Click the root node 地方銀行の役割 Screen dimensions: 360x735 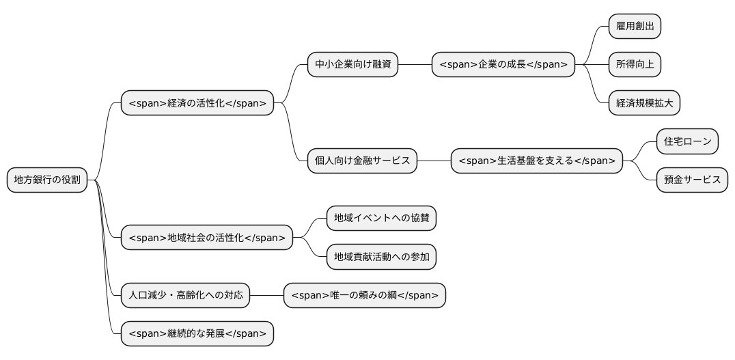[x=47, y=180]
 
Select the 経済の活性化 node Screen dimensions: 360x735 [x=197, y=103]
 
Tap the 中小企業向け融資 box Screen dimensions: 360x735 [x=352, y=65]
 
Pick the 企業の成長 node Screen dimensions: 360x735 [x=503, y=65]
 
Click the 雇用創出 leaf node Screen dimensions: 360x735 [x=635, y=27]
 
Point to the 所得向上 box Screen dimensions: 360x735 [x=635, y=65]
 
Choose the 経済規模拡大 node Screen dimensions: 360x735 [x=645, y=103]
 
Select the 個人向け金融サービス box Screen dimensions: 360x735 [x=362, y=161]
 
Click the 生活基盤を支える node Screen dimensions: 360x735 [x=537, y=161]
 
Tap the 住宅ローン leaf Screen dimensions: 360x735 [x=687, y=141]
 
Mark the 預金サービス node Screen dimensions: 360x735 [x=692, y=180]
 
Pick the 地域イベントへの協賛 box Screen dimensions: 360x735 [x=381, y=219]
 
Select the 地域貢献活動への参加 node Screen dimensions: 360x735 [x=381, y=258]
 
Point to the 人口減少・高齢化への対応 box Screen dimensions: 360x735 [x=185, y=296]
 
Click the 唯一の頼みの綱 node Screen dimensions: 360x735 [x=365, y=296]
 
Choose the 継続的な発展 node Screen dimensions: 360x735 [x=197, y=334]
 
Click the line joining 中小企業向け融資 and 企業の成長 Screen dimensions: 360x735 [x=415, y=65]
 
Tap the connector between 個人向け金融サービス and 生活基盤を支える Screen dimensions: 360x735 [x=434, y=161]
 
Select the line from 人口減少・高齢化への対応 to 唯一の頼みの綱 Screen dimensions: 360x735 [x=266, y=296]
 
